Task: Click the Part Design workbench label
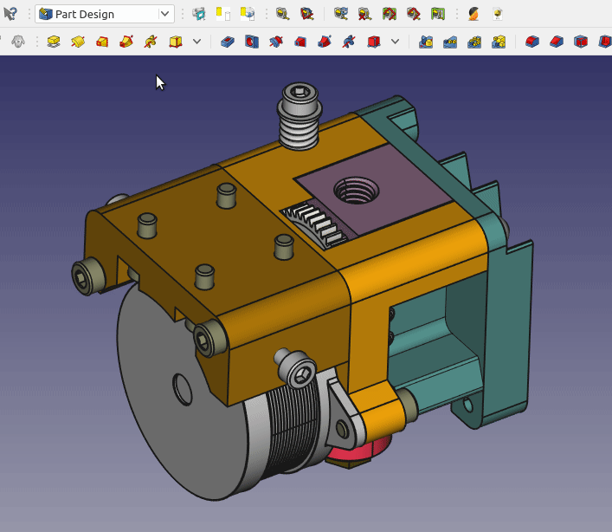coord(85,14)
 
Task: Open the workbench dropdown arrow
coord(164,14)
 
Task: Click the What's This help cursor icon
coord(10,14)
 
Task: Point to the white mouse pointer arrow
coord(159,82)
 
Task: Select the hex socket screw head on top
coord(300,93)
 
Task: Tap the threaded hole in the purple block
coord(355,190)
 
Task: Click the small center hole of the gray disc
coord(183,388)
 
